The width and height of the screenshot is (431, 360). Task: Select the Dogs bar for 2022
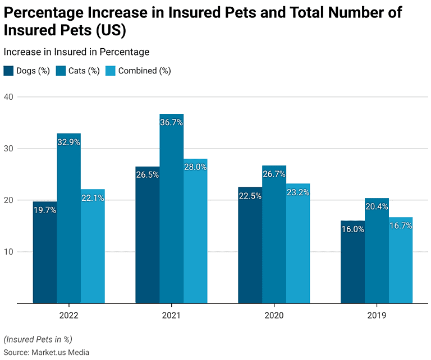pyautogui.click(x=45, y=252)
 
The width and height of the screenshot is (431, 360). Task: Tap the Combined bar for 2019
pyautogui.click(x=401, y=260)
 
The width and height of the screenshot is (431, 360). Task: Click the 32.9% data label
pyautogui.click(x=68, y=142)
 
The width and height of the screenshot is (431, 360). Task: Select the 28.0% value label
pyautogui.click(x=195, y=168)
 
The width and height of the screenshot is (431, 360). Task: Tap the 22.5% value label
pyautogui.click(x=250, y=196)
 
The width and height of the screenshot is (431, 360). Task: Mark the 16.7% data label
pyautogui.click(x=401, y=226)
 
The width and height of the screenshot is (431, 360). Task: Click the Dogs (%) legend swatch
pyautogui.click(x=8, y=71)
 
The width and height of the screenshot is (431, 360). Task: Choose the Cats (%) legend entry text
pyautogui.click(x=84, y=71)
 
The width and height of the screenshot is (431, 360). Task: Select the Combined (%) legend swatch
pyautogui.click(x=111, y=71)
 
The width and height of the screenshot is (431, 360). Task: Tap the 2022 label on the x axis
pyautogui.click(x=68, y=316)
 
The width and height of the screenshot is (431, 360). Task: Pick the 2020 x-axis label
pyautogui.click(x=274, y=316)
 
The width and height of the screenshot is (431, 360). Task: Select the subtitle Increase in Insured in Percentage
pyautogui.click(x=76, y=52)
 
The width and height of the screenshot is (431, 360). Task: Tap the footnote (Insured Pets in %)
pyautogui.click(x=38, y=339)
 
